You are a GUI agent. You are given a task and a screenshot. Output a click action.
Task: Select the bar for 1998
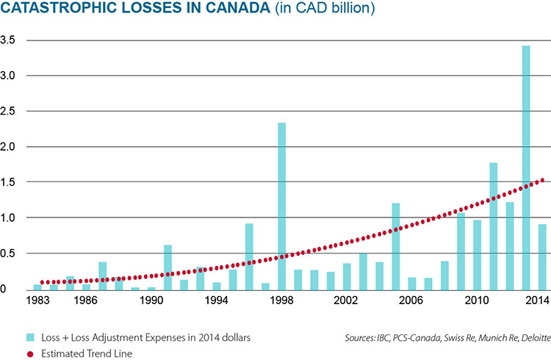[282, 206]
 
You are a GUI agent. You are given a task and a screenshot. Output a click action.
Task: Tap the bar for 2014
[541, 256]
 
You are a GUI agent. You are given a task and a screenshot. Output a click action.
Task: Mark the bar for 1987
[103, 276]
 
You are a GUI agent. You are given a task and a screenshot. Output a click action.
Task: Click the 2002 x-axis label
[347, 302]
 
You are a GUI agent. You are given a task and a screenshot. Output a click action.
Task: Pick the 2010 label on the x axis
[477, 302]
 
